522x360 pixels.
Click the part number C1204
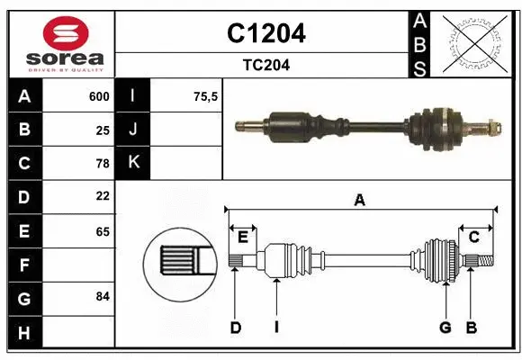coord(265,33)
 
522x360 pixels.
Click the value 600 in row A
coord(99,96)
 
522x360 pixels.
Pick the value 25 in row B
coord(102,130)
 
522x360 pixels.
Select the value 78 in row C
coord(102,163)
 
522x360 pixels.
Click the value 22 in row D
coord(102,195)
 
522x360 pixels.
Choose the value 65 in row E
coord(102,230)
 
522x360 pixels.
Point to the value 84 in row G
coord(102,296)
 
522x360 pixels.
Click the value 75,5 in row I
coord(206,96)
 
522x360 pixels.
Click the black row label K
coord(133,163)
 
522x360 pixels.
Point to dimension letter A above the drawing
coord(360,201)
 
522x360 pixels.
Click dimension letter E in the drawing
coord(243,237)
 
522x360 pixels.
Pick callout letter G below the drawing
coord(445,328)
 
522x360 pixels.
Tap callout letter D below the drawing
coord(235,328)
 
